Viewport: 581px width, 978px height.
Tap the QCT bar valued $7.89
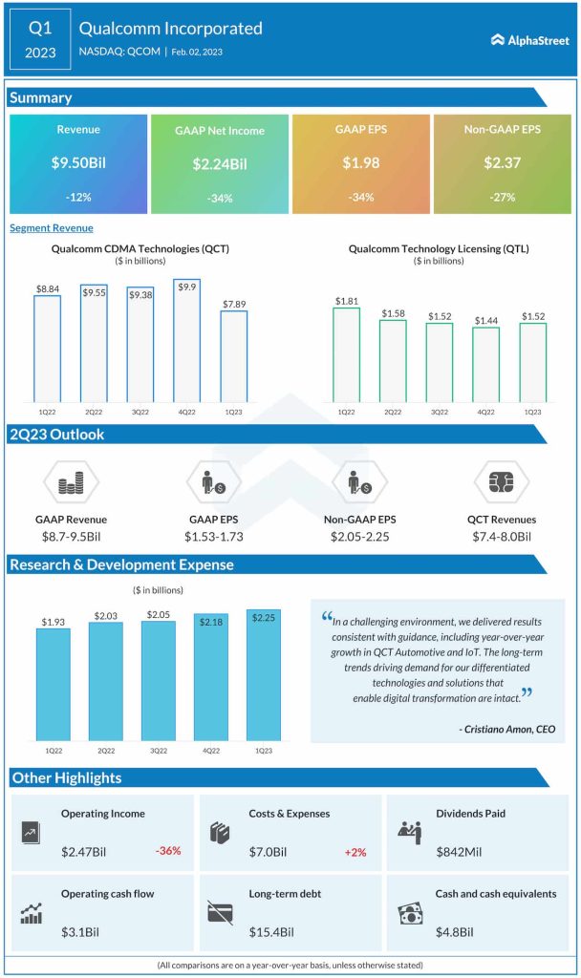234,356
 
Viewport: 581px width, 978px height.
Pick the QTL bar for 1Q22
346,354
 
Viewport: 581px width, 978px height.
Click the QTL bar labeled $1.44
485,365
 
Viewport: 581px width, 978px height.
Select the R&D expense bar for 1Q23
263,674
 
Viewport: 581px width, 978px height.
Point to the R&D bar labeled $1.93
54,684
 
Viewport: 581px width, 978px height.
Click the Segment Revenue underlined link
52,228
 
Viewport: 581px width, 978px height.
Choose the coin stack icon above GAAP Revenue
72,482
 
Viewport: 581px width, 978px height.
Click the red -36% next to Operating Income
167,850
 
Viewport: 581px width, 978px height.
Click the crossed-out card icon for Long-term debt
220,912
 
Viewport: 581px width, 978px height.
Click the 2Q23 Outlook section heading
57,435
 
